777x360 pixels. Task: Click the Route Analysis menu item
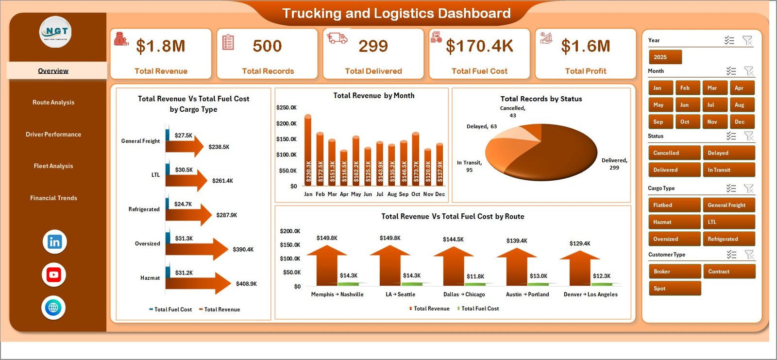tap(53, 103)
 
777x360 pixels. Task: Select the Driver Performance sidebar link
tap(53, 135)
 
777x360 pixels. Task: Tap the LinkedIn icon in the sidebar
tap(54, 242)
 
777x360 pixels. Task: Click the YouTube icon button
tap(54, 275)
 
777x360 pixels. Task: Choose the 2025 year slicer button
tap(665, 57)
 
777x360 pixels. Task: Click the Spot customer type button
tap(674, 289)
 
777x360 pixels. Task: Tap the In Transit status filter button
tap(728, 170)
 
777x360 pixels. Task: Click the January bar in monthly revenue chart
tap(308, 151)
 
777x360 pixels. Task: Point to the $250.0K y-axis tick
tap(286, 107)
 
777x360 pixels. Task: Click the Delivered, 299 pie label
tap(614, 164)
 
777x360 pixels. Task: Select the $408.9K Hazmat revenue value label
tap(246, 284)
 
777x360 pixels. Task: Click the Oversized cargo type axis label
tap(147, 244)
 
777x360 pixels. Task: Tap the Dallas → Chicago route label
tap(464, 294)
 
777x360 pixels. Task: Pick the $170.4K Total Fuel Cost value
tap(479, 46)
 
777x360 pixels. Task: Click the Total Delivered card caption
tap(373, 71)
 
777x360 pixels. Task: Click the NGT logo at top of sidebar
tap(55, 32)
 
